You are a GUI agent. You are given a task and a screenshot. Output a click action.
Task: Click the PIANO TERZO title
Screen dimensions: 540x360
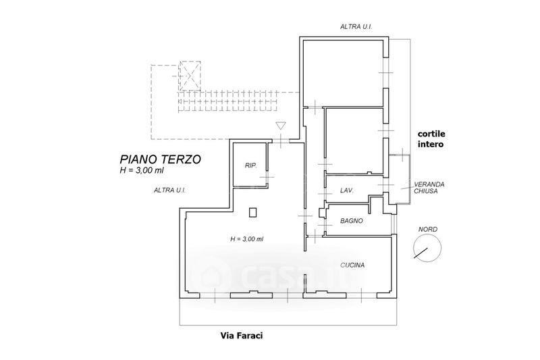(x=161, y=159)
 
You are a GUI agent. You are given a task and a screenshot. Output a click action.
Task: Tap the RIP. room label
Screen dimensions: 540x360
(x=250, y=165)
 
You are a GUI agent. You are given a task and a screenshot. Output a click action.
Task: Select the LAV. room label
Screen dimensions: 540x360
(x=347, y=190)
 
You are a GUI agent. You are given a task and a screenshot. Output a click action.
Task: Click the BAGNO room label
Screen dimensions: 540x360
(x=352, y=221)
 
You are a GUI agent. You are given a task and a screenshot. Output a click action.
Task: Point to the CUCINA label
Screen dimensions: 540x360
(x=352, y=265)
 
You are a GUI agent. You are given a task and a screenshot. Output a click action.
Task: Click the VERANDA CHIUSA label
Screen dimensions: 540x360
(x=429, y=188)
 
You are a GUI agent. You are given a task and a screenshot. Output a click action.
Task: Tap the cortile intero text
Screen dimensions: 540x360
(x=431, y=139)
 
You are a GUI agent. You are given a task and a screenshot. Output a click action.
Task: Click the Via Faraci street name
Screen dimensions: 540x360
(x=242, y=335)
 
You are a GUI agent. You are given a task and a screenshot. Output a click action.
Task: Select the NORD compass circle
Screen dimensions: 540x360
(x=427, y=248)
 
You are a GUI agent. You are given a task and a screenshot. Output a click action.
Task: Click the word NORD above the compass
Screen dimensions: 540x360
(x=428, y=229)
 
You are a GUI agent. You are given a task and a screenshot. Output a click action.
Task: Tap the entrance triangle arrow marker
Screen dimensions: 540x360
(x=281, y=126)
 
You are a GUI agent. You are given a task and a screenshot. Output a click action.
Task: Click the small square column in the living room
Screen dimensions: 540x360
(x=253, y=213)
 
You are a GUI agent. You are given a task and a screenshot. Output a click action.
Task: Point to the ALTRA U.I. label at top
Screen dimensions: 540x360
(x=356, y=26)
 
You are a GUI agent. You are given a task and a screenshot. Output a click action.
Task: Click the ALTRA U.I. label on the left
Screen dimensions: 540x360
(x=170, y=190)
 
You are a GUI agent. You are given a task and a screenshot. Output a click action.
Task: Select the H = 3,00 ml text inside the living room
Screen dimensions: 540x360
(x=246, y=238)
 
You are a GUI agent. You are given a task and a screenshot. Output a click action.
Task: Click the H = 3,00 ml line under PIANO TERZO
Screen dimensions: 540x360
(x=142, y=170)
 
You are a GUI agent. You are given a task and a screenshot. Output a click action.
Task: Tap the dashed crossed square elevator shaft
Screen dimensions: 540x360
(x=190, y=76)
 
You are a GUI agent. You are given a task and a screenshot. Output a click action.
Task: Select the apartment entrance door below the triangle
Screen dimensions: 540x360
(x=281, y=140)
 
